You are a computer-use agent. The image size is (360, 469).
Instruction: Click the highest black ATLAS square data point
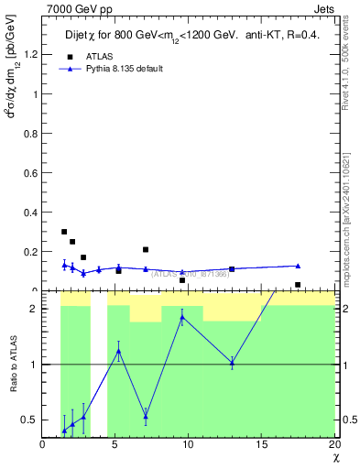tap(64, 232)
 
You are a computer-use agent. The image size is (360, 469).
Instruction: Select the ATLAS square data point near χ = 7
tap(146, 249)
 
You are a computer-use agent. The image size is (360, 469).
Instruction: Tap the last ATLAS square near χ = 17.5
tap(298, 285)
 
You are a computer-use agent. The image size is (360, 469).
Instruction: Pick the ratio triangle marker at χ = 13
tap(232, 363)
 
